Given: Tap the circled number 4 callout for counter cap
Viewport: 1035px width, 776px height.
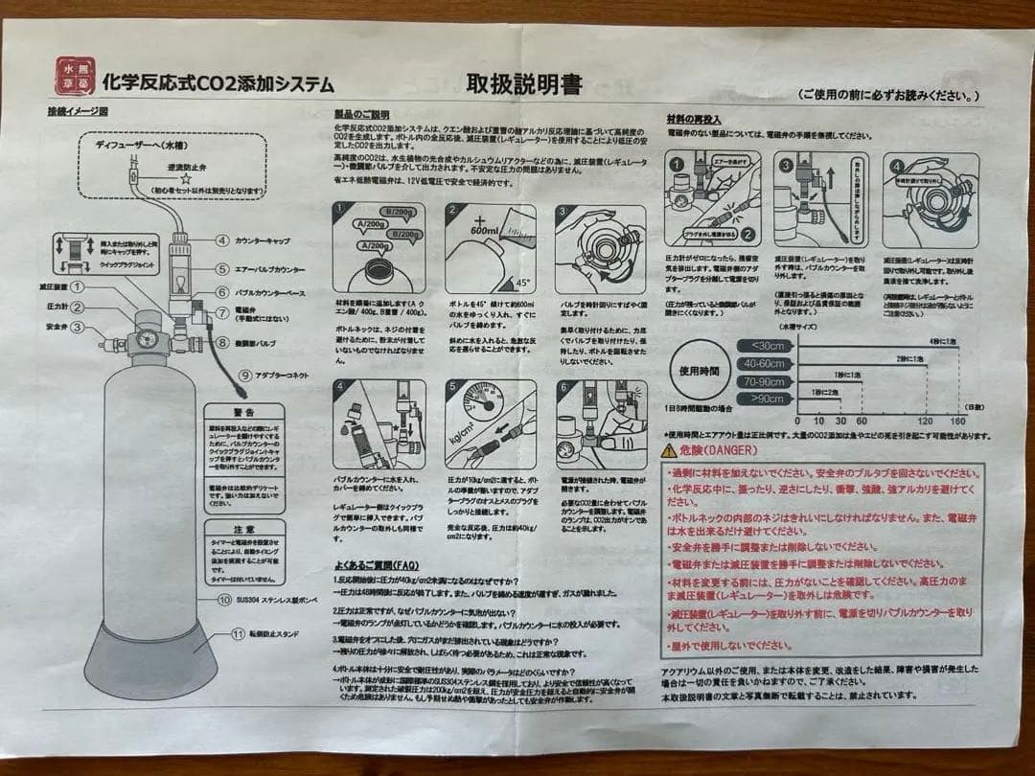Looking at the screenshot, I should [x=221, y=241].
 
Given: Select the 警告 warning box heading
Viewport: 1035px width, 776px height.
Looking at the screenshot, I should [x=243, y=411].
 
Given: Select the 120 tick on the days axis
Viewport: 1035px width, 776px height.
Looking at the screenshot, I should [x=924, y=421].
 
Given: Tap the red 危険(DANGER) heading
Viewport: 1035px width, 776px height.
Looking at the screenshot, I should [x=719, y=449].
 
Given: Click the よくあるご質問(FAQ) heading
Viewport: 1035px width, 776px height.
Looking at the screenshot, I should [x=377, y=565].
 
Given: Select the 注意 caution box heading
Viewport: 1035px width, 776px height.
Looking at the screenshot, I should [x=243, y=529].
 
